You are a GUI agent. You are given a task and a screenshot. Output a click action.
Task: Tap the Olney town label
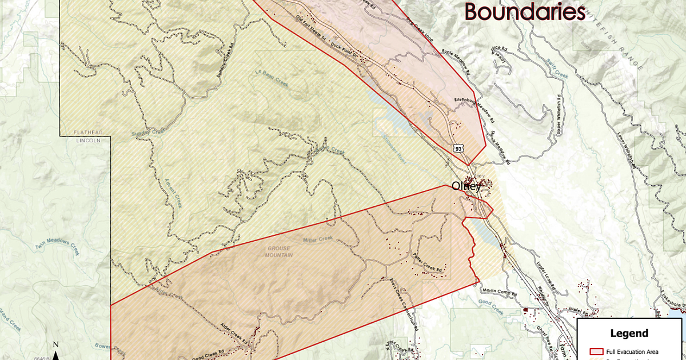click(x=467, y=186)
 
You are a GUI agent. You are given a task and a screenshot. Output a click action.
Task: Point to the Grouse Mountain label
click(x=279, y=252)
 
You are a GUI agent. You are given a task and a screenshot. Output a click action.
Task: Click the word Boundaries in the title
click(x=524, y=11)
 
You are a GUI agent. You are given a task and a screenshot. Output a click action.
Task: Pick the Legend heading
click(x=629, y=334)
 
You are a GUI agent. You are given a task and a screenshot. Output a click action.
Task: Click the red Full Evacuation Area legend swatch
click(x=597, y=351)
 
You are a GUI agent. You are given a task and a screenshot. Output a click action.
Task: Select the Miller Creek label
click(x=317, y=240)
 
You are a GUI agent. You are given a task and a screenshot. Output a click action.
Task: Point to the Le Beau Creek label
click(x=272, y=80)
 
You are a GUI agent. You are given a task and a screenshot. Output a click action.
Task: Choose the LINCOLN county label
click(x=87, y=139)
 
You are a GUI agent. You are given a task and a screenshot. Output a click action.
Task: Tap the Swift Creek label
click(x=556, y=68)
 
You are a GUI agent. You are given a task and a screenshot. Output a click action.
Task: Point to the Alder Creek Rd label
click(x=234, y=334)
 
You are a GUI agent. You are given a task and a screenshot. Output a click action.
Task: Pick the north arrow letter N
click(x=55, y=345)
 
